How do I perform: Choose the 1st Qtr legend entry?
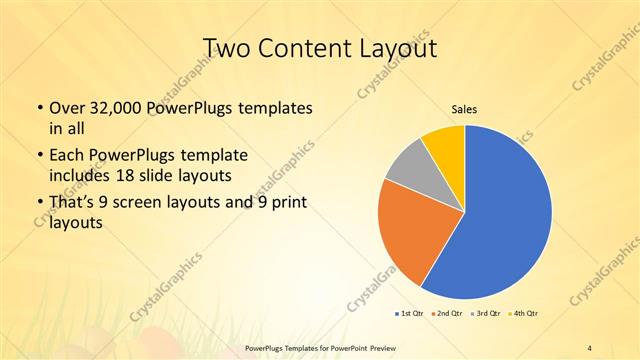(x=410, y=314)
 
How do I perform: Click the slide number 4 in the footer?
(x=590, y=347)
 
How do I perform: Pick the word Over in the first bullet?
(x=67, y=107)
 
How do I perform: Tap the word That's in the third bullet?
(x=74, y=205)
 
